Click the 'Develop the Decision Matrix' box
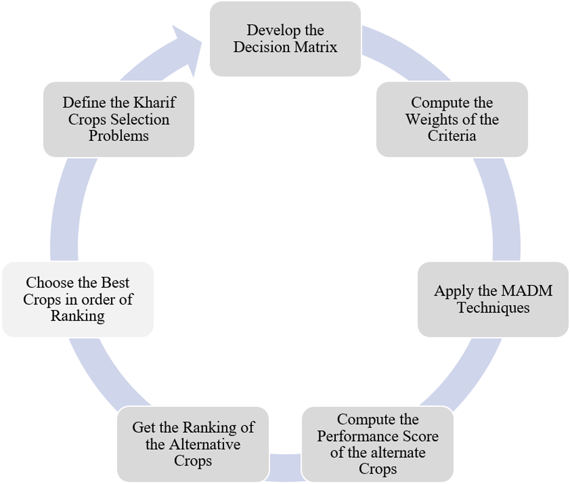pos(285,39)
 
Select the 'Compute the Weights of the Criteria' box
pos(452,119)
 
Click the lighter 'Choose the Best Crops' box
pos(78,299)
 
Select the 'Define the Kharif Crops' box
pos(119,119)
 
